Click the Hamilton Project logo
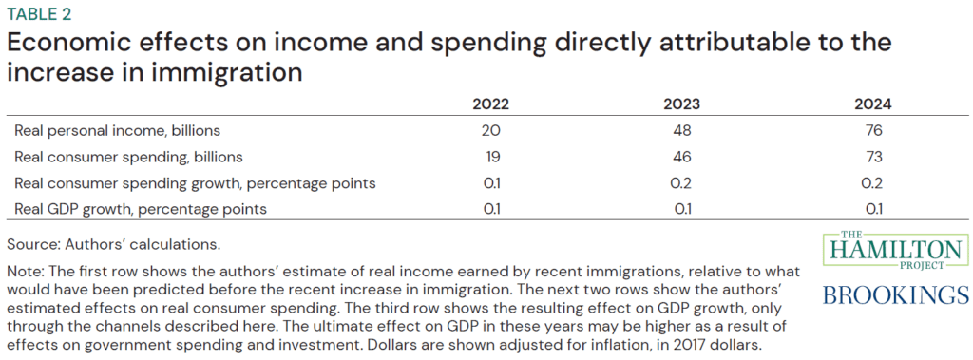pos(895,252)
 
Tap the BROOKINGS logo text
pos(895,295)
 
